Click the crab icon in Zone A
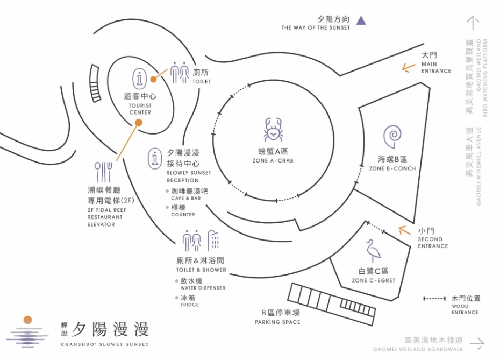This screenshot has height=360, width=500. tap(274, 130)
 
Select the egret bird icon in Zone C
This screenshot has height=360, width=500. tap(372, 251)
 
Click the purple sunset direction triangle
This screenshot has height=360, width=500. tap(361, 20)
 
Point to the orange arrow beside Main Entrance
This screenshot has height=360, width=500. tap(409, 67)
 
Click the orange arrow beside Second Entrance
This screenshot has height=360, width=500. tap(404, 231)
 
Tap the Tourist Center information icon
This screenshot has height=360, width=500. tap(140, 78)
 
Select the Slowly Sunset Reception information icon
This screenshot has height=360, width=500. tap(155, 158)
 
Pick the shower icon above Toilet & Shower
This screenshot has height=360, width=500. tap(213, 240)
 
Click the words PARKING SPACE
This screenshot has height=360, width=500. tap(277, 322)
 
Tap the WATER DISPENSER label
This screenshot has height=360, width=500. tap(203, 288)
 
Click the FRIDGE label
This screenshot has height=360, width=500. tap(190, 305)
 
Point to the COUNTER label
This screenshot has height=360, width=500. tap(183, 215)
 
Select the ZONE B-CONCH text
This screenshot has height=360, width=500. tap(392, 168)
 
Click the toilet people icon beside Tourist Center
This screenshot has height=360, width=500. tap(180, 73)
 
